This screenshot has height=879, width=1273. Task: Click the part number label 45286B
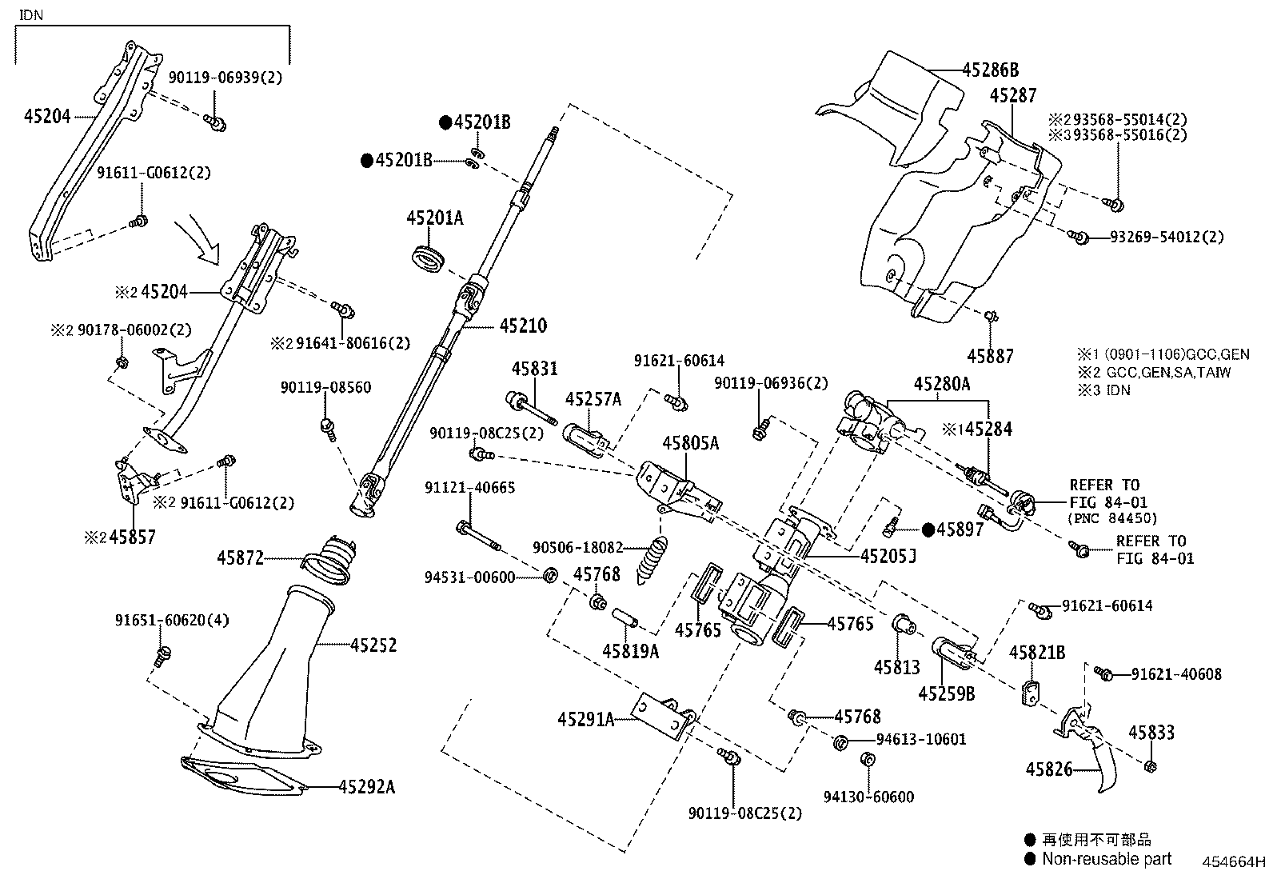coord(990,70)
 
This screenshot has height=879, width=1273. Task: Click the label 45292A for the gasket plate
coord(366,787)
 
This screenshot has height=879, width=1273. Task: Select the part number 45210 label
coord(523,326)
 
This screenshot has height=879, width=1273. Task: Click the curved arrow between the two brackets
coord(200,241)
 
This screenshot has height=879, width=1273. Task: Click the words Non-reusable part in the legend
coord(1107,859)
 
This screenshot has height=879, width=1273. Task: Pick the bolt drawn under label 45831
coord(531,406)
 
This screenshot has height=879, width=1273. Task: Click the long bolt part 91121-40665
coord(478,536)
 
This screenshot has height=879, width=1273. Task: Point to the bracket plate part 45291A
coord(663,717)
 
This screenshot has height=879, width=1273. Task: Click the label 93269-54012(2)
coord(1166,237)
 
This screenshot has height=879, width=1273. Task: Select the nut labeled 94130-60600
coord(867,758)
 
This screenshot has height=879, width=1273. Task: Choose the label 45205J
coord(888,554)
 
